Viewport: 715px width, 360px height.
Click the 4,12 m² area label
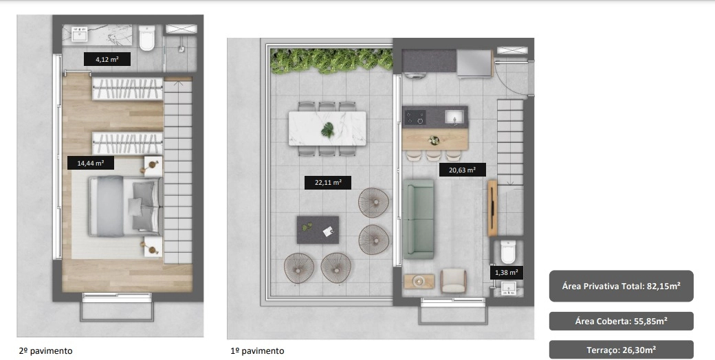point(107,59)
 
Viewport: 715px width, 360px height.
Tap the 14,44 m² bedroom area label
point(90,163)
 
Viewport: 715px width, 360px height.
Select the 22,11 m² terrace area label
point(328,183)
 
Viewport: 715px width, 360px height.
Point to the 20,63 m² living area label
point(463,170)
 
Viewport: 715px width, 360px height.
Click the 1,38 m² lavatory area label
point(506,273)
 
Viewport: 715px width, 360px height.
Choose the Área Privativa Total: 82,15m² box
point(621,286)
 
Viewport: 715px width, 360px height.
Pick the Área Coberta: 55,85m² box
point(621,322)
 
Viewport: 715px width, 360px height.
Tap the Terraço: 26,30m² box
point(621,350)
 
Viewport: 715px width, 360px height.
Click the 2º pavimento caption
point(45,351)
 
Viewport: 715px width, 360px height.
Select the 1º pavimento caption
point(257,351)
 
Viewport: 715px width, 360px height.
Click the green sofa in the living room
point(418,219)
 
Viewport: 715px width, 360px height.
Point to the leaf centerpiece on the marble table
point(327,131)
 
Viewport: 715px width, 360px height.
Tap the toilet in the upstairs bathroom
point(147,38)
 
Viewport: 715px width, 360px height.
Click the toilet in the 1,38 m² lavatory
point(508,252)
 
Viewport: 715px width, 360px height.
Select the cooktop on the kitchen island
point(415,117)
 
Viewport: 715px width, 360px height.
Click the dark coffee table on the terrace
point(318,230)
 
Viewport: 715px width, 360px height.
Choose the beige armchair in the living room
point(453,280)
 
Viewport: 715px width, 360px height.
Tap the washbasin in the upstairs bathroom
point(80,34)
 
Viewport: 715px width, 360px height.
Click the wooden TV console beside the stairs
point(492,208)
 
